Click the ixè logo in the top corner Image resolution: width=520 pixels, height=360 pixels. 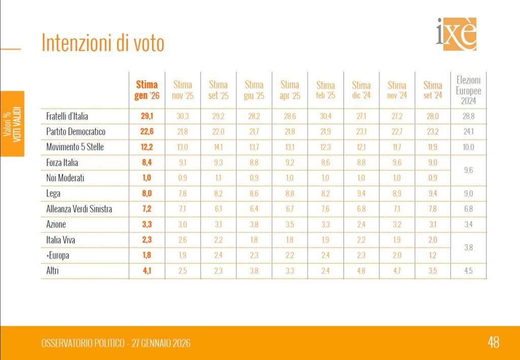pyautogui.click(x=457, y=34)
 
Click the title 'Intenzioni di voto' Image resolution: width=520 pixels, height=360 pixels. pyautogui.click(x=103, y=44)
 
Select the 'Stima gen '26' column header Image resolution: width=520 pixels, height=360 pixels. pyautogui.click(x=147, y=90)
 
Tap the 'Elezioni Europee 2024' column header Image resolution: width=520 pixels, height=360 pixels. pyautogui.click(x=468, y=90)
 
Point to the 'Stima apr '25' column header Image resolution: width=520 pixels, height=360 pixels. pyautogui.click(x=289, y=90)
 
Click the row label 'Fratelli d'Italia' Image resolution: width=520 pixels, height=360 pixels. pyautogui.click(x=67, y=116)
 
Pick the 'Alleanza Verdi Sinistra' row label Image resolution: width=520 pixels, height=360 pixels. pyautogui.click(x=79, y=209)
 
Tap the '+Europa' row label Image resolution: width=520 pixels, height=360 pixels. pyautogui.click(x=57, y=255)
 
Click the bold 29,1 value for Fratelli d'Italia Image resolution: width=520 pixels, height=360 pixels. pyautogui.click(x=147, y=116)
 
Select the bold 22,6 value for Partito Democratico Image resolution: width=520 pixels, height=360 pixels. pyautogui.click(x=147, y=132)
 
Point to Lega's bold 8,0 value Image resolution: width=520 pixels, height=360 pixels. pyautogui.click(x=147, y=193)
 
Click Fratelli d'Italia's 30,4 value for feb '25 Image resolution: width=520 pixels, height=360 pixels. pyautogui.click(x=326, y=116)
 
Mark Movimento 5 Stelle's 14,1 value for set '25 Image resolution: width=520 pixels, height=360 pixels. pyautogui.click(x=218, y=147)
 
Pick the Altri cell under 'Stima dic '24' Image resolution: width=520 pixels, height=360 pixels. pyautogui.click(x=361, y=271)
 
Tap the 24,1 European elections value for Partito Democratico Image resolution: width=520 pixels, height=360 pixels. pyautogui.click(x=468, y=132)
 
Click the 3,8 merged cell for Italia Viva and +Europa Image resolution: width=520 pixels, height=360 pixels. pyautogui.click(x=468, y=248)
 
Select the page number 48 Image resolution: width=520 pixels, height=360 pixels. pyautogui.click(x=493, y=342)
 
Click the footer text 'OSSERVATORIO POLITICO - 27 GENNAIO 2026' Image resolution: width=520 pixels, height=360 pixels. pyautogui.click(x=116, y=343)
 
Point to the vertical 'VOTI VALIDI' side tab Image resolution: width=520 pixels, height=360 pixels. pyautogui.click(x=13, y=123)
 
